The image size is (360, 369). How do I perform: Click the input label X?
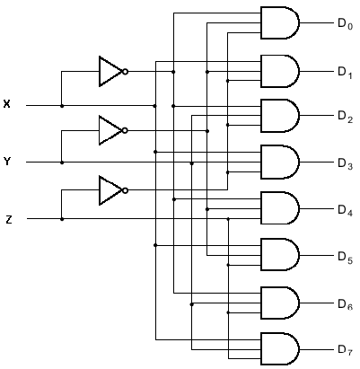(x=6, y=104)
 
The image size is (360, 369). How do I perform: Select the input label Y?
(x=7, y=162)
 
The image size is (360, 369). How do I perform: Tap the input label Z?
(x=9, y=220)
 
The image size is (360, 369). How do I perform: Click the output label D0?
(x=346, y=23)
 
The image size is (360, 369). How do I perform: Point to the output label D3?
(x=346, y=163)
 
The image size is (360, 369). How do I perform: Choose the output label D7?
(x=346, y=350)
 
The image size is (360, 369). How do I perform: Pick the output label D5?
(x=346, y=257)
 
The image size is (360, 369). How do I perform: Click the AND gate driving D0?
(x=280, y=22)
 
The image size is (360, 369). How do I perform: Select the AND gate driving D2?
(x=280, y=116)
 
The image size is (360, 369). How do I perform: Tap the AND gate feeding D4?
(x=280, y=208)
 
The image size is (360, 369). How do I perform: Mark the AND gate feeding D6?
(x=280, y=303)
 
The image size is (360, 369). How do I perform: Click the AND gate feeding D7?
(x=280, y=349)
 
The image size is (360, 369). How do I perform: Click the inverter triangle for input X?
(x=110, y=72)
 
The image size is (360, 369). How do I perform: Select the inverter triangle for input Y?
(x=110, y=130)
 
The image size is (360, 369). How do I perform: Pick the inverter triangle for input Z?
(x=110, y=190)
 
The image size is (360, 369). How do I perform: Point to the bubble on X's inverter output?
(x=125, y=72)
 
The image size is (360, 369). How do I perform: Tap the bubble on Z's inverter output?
(x=125, y=190)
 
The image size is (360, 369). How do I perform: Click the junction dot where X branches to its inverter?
(x=62, y=106)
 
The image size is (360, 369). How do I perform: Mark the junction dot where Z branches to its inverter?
(x=62, y=219)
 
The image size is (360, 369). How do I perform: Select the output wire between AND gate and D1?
(x=316, y=72)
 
